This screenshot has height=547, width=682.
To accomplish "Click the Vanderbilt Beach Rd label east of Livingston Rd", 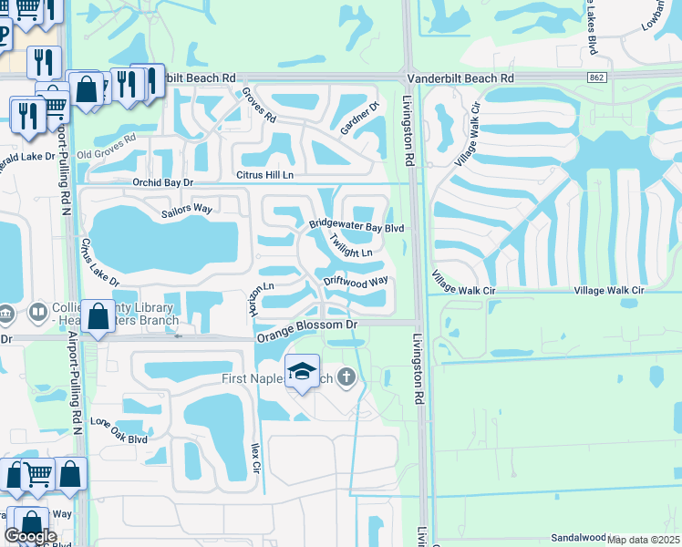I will [460, 79].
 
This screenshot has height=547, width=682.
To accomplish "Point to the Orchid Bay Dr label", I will [163, 182].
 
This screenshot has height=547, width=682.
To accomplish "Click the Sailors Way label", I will [187, 210].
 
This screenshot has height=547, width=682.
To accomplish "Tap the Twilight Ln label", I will [351, 247].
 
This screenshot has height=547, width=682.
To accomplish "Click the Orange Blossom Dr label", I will [306, 330].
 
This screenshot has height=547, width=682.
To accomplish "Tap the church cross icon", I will [346, 376].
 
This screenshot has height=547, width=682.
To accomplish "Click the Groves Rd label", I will [259, 107].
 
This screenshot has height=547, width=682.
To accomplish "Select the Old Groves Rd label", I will [106, 146].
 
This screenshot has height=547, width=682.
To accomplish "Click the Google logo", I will [30, 536].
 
